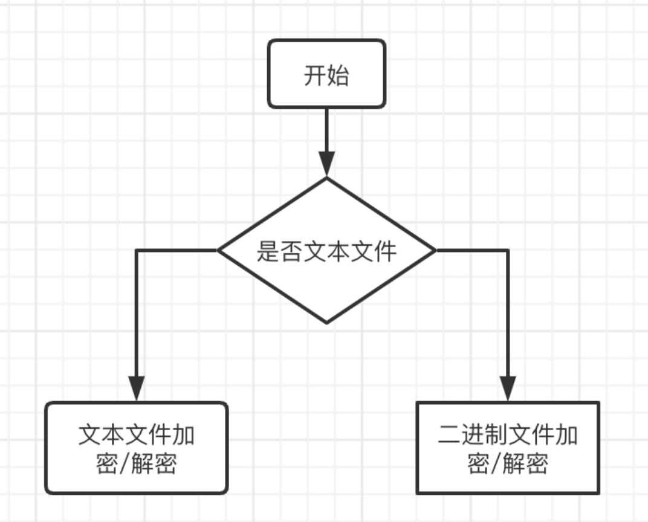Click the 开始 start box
(326, 74)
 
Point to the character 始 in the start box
(338, 77)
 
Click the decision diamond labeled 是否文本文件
(326, 250)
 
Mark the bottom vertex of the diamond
(327, 322)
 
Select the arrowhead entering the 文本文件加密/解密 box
(137, 388)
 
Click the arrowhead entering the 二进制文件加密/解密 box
(508, 388)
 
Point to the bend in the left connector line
(137, 250)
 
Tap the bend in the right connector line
(508, 250)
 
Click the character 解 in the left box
(143, 464)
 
